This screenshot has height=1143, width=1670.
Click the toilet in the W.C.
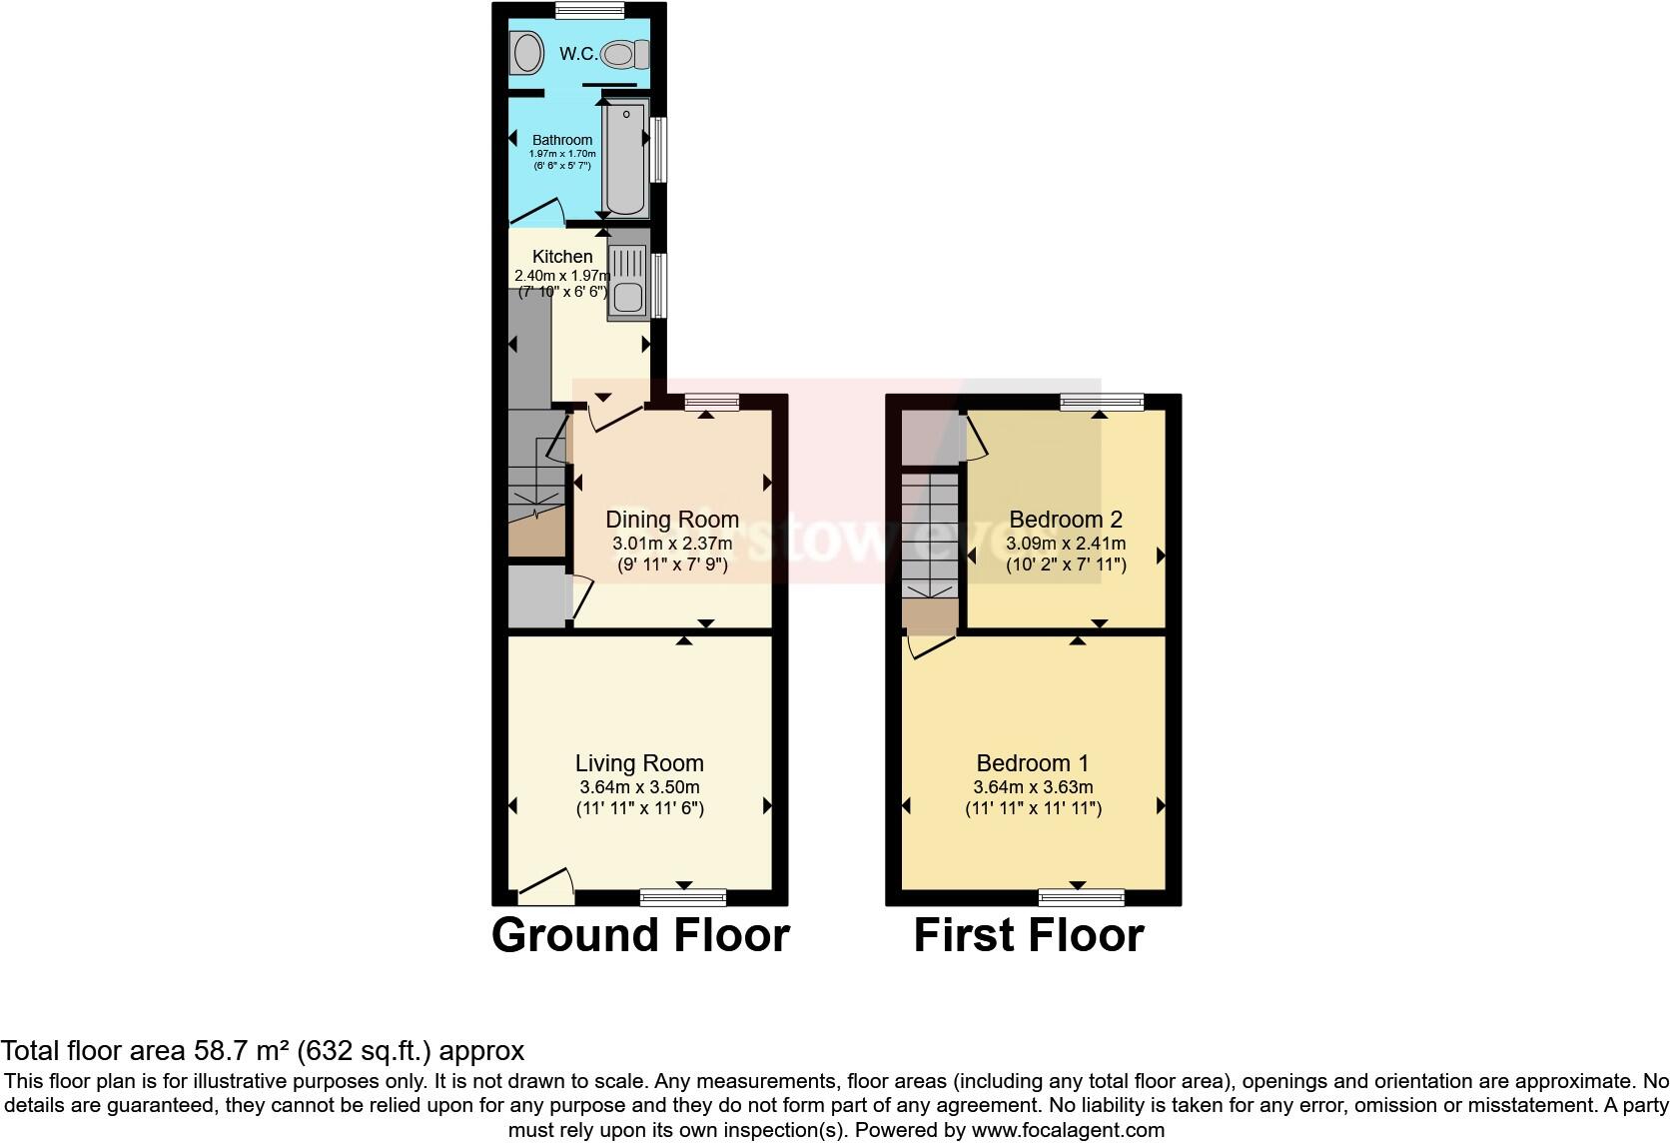[x=627, y=54]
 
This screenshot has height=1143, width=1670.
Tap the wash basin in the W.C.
[x=526, y=53]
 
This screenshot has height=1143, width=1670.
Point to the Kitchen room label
[x=562, y=257]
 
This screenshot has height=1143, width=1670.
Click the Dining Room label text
[x=672, y=520]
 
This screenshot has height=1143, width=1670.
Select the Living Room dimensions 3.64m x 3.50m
[x=639, y=787]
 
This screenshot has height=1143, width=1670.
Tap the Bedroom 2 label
[x=1066, y=520]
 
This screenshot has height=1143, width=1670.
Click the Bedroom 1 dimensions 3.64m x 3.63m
[x=1033, y=787]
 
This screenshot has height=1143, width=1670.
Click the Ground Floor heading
[x=640, y=935]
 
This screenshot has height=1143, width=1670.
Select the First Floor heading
[x=1028, y=935]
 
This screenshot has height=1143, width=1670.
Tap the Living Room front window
[x=683, y=896]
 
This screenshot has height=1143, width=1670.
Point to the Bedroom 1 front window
[x=1081, y=896]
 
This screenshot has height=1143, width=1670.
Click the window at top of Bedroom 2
[x=1102, y=402]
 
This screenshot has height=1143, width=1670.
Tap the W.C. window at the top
[x=589, y=10]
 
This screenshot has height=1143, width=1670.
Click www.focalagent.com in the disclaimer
[x=1067, y=1131]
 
